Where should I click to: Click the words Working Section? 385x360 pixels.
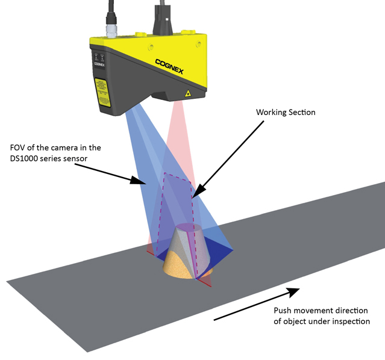pyautogui.click(x=286, y=113)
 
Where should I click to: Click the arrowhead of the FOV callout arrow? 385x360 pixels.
pyautogui.click(x=144, y=182)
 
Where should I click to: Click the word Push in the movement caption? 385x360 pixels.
pyautogui.click(x=283, y=311)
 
